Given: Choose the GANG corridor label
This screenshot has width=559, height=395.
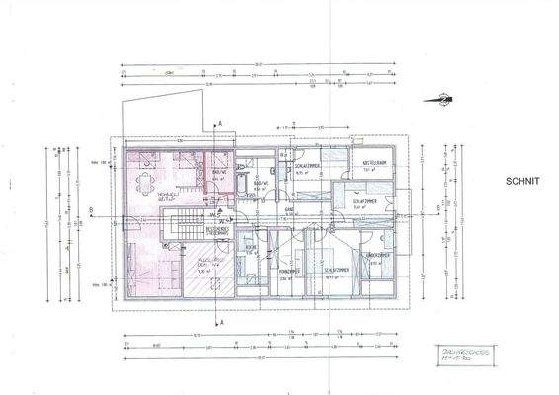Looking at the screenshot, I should [291, 209].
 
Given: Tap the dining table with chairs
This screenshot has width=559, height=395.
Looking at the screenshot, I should [148, 181].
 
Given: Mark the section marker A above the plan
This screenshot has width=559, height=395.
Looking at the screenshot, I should [221, 121].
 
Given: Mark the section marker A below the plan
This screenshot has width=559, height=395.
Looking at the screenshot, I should [221, 322].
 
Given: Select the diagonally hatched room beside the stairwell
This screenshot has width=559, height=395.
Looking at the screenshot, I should [210, 272].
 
